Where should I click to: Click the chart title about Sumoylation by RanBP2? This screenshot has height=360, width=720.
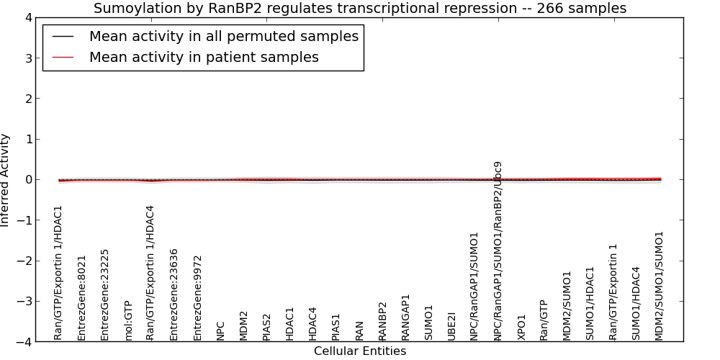pos(360,8)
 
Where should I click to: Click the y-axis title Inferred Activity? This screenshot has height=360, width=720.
pos(4,180)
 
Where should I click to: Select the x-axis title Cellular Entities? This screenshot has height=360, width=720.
pos(360,351)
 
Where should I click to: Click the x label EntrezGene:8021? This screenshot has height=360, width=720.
pos(82,298)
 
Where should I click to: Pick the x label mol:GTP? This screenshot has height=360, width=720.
pos(128,320)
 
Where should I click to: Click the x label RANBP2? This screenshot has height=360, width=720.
pos(382,321)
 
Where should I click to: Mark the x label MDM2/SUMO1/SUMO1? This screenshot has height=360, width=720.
pos(660,286)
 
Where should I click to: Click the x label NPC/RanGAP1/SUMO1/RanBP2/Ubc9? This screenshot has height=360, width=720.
pos(498,251)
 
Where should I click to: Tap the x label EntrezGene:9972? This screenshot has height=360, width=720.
pos(197,298)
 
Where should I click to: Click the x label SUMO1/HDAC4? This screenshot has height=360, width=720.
pos(636,304)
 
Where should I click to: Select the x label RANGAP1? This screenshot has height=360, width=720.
pos(405,318)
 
